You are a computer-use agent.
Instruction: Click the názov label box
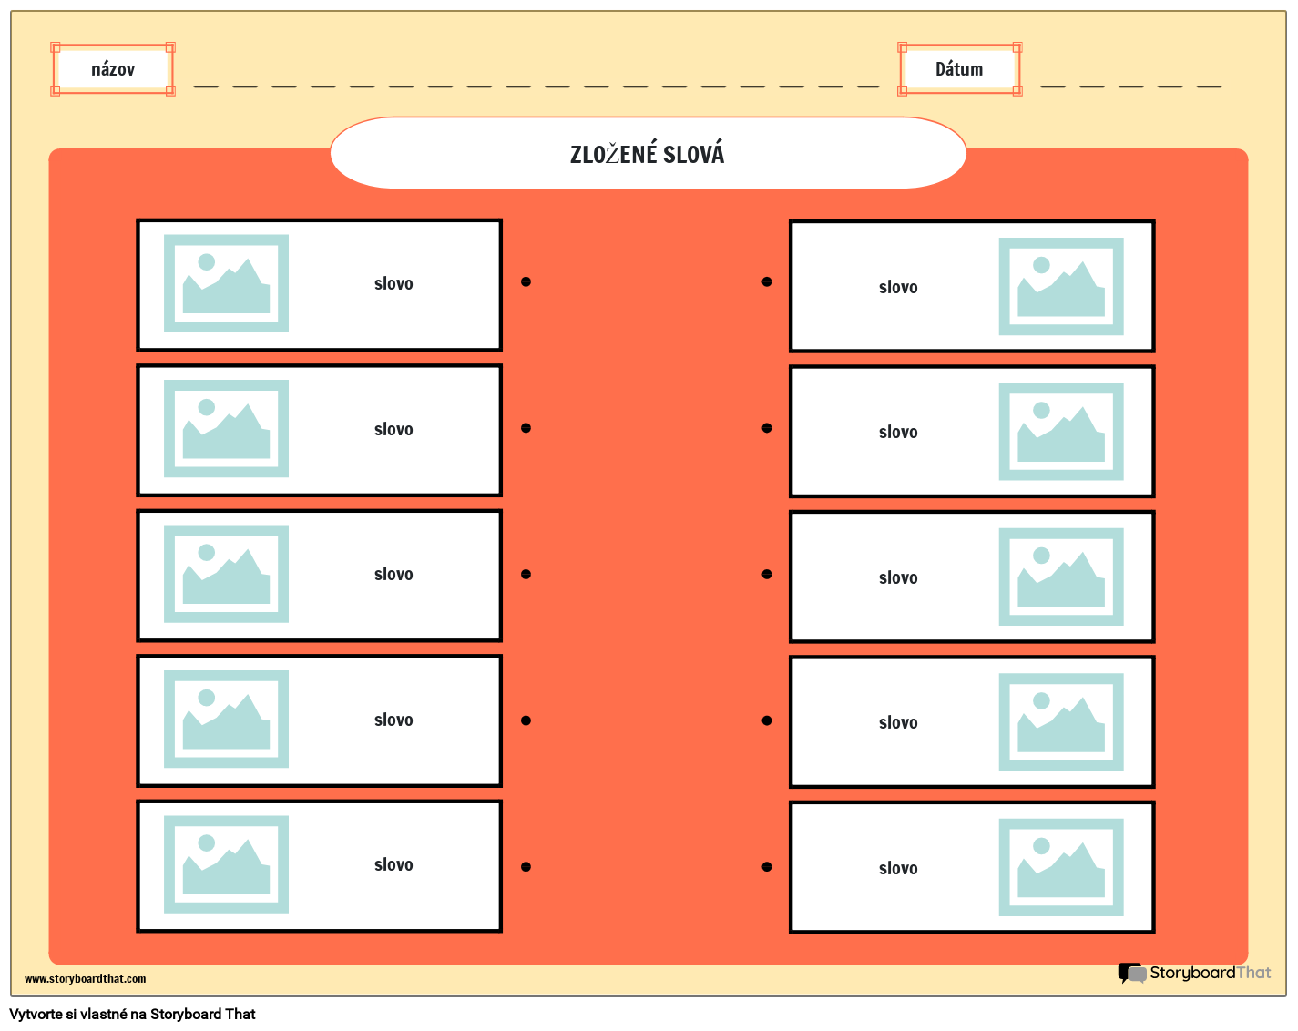coord(113,69)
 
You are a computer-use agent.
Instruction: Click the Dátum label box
coord(959,69)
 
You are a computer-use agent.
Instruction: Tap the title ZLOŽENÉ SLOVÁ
coord(648,154)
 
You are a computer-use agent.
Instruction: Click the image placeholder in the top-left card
coord(226,283)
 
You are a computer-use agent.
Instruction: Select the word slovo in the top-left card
coord(393,283)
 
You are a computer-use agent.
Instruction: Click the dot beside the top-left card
coord(526,281)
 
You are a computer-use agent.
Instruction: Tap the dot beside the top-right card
coord(767,281)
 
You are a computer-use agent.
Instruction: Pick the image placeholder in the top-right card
coord(1061,286)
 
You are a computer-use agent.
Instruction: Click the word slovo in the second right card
coord(898,432)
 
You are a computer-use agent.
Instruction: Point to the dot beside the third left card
coord(526,574)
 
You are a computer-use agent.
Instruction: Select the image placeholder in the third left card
coord(226,574)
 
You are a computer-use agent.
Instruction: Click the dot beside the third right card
coord(767,574)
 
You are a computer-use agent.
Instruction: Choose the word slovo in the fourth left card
coord(393,720)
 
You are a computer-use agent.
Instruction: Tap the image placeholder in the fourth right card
coord(1061,722)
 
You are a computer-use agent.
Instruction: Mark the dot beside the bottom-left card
coord(526,866)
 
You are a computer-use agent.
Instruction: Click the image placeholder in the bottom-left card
coord(226,864)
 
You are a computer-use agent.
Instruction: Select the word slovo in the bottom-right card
coord(898,868)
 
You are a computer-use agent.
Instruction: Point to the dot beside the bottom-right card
coord(767,866)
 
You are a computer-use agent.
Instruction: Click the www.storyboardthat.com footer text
coord(85,979)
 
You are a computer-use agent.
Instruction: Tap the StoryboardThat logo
coord(1194,973)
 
